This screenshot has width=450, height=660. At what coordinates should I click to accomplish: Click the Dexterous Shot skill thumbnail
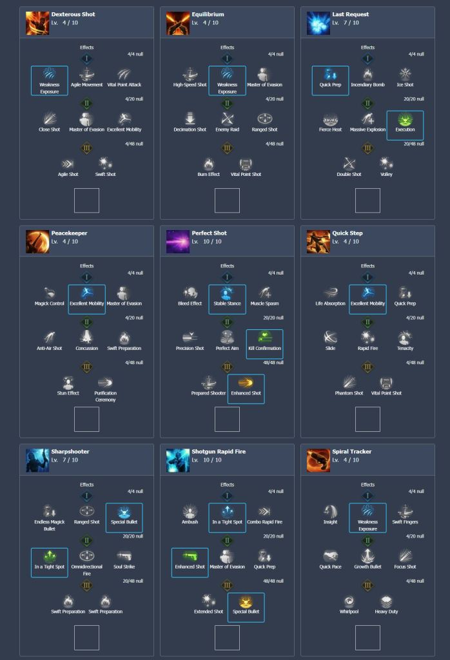[x=37, y=23]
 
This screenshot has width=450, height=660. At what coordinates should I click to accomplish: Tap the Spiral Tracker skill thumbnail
[x=318, y=460]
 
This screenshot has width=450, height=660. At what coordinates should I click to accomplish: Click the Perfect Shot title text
[x=209, y=233]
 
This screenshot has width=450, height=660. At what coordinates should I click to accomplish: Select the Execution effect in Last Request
[x=405, y=125]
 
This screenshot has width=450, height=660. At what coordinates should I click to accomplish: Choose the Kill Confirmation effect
[x=264, y=344]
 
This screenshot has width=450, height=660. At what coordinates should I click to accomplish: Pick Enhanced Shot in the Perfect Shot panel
[x=246, y=389]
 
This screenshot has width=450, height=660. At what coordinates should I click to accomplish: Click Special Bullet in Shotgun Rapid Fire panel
[x=246, y=607]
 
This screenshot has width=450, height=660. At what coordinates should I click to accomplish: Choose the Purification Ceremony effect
[x=105, y=389]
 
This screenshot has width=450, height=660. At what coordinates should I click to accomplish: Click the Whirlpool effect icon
[x=349, y=601]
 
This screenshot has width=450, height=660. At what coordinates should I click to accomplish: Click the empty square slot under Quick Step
[x=367, y=419]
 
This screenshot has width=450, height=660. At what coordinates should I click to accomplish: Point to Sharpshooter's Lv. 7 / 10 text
[x=64, y=460]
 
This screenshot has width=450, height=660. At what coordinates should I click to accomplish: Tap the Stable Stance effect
[x=227, y=299]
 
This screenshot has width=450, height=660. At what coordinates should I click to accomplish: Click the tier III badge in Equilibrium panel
[x=227, y=148]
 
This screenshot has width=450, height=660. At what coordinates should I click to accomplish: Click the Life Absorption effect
[x=331, y=296]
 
